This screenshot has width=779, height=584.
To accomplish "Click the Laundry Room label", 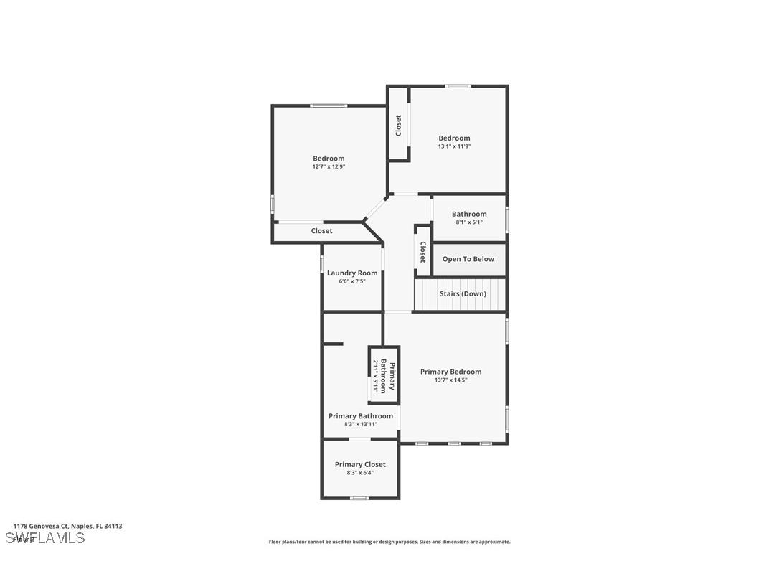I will pos(352,273).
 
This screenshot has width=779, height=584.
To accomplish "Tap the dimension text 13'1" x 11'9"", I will pos(454,146).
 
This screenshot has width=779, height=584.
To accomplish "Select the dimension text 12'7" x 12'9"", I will pos(329,166).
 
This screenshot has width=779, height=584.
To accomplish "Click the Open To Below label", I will pos(468,259).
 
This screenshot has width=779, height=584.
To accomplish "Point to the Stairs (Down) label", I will pos(463,293).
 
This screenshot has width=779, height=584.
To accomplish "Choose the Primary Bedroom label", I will pos(450,372).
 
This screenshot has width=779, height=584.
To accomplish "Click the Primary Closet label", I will pos(360,464).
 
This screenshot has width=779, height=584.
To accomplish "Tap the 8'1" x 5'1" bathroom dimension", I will pos(469,222).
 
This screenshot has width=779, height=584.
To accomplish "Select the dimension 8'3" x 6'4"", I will pos(360,472).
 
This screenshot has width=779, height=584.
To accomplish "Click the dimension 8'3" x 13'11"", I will pos(361,424).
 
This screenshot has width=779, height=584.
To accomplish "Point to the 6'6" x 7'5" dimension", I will pos(352,281).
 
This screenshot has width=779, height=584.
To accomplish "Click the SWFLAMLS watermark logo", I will pos(45,538).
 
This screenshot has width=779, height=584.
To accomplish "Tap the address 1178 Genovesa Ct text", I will pos(67,526).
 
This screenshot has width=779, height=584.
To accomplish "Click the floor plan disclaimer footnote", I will pos(389,542).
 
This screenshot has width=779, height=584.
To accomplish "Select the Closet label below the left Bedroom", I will pos(321,231).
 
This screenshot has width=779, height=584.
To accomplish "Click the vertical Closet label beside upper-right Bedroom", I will pos(399,126).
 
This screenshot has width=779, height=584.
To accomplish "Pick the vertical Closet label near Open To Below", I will pos(422,252).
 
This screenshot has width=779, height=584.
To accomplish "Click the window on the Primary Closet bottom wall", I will pos(359,498).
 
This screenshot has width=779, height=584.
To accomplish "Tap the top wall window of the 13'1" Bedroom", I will pos(458,86).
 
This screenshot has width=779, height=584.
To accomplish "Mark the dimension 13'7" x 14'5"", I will pos(450,380).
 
